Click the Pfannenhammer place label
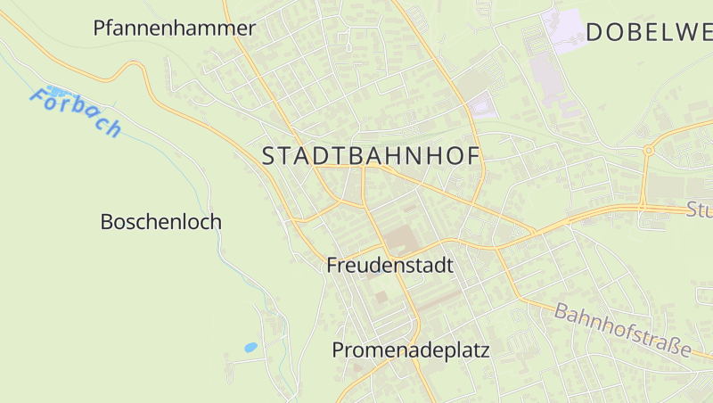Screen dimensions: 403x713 pyautogui.click(x=174, y=29)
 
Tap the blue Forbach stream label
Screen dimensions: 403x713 pyautogui.click(x=75, y=111)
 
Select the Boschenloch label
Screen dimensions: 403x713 pyautogui.click(x=160, y=222)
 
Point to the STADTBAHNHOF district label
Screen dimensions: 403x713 pyautogui.click(x=371, y=156)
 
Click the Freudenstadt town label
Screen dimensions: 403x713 pyautogui.click(x=389, y=266)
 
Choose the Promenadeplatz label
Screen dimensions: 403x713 pyautogui.click(x=411, y=350)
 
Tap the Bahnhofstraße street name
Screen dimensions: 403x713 pyautogui.click(x=622, y=330)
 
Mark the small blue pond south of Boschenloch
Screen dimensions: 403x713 pyautogui.click(x=250, y=348)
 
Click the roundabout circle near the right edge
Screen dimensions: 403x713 pyautogui.click(x=649, y=151)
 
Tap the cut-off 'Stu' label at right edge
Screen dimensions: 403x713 pyautogui.click(x=699, y=211)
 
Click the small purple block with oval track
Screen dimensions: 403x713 pyautogui.click(x=481, y=106)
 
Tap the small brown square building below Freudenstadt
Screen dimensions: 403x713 pyautogui.click(x=381, y=295)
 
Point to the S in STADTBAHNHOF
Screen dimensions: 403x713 pyautogui.click(x=270, y=156)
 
